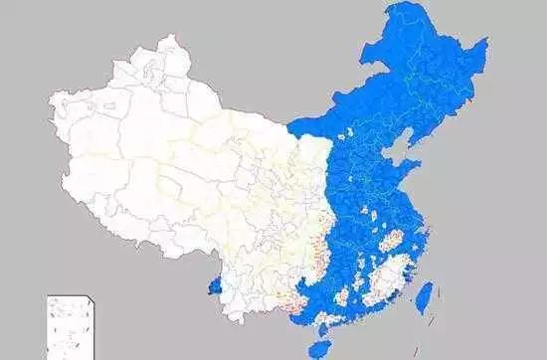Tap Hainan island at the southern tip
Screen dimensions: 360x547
click(x=319, y=348)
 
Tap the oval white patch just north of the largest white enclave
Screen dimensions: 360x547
click(x=393, y=239)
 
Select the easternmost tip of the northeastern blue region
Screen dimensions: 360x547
click(x=487, y=42)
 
